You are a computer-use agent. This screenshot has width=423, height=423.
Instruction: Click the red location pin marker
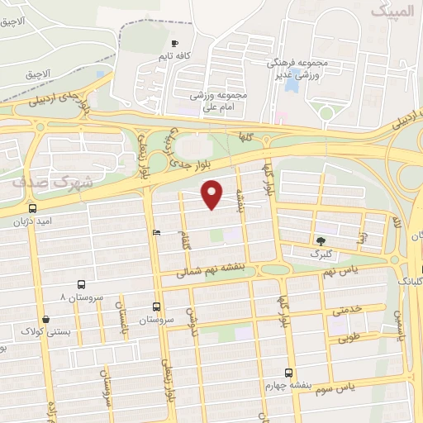coord(212,194)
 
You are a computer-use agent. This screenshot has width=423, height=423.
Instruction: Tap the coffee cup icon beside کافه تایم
coord(174,43)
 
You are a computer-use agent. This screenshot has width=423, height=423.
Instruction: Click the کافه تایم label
coord(175,56)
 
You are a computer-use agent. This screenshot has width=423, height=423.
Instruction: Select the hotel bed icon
coord(157,233)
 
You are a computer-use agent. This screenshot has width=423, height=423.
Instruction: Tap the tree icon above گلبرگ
coord(320,240)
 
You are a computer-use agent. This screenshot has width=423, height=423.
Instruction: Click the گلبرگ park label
coord(320,254)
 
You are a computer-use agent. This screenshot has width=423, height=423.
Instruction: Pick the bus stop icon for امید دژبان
coord(32,208)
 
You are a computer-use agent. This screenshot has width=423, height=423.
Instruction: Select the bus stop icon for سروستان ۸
coord(80,283)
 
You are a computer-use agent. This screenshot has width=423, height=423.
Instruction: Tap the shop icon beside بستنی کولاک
coord(45,319)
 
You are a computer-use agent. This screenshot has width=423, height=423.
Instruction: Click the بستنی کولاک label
coord(45,332)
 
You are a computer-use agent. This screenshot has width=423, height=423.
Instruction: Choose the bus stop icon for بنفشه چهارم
coord(288,372)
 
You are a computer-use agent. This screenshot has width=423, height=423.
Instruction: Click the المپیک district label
coord(391,12)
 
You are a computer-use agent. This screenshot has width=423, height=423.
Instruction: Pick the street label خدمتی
coord(346,311)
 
